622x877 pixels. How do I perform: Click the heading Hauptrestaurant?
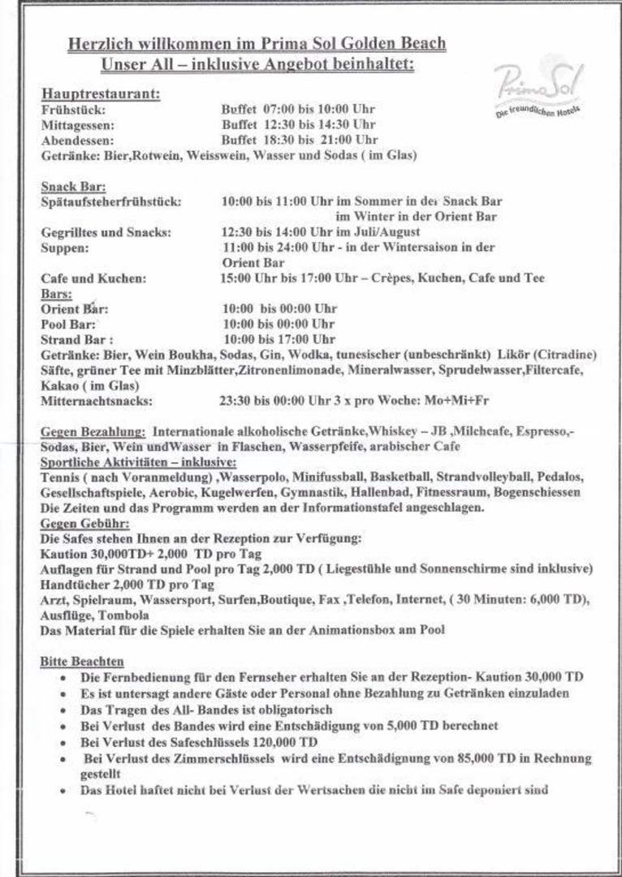pyautogui.click(x=101, y=93)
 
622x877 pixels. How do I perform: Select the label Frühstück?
pyautogui.click(x=73, y=110)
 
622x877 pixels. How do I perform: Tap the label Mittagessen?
pyautogui.click(x=78, y=125)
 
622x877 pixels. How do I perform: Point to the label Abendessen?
pyautogui.click(x=77, y=140)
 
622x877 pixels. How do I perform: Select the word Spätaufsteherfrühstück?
pyautogui.click(x=111, y=201)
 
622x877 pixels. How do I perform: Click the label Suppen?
pyautogui.click(x=65, y=248)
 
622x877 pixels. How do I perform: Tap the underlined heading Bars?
pyautogui.click(x=56, y=294)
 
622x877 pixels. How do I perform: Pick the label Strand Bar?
pyautogui.click(x=77, y=339)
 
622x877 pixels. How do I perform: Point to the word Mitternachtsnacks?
pyautogui.click(x=97, y=400)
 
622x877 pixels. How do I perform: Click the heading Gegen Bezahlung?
pyautogui.click(x=93, y=431)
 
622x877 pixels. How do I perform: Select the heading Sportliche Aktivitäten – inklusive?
pyautogui.click(x=138, y=461)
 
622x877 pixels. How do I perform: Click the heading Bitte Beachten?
pyautogui.click(x=82, y=662)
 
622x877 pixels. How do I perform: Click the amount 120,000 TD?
pyautogui.click(x=283, y=742)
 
